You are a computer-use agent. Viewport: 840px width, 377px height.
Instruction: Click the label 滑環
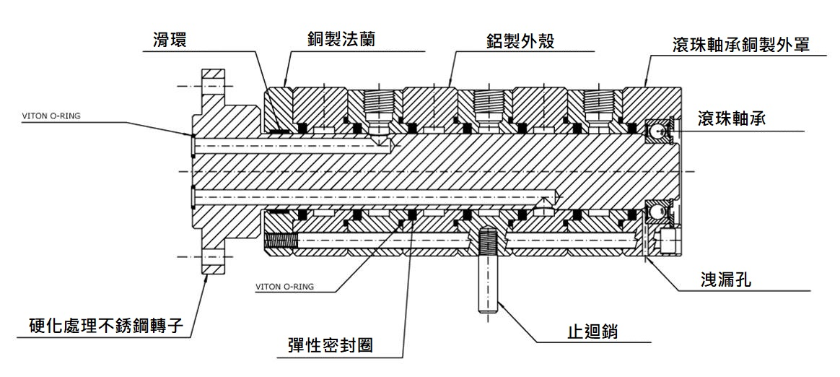tap(170, 40)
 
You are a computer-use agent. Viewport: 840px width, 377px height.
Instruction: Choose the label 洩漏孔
tap(726, 279)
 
